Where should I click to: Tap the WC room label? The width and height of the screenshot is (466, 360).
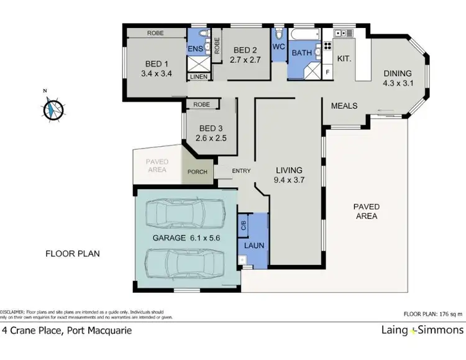279,47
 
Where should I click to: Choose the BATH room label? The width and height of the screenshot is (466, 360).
302,53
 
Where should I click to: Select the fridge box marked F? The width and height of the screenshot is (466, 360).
328,73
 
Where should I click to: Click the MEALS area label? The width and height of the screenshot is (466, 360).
344,106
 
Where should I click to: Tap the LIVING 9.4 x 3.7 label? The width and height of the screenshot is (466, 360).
290,175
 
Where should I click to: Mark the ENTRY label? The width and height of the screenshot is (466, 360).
242,171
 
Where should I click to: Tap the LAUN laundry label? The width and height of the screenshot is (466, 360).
254,245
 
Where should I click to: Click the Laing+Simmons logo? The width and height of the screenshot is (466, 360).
422,330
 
